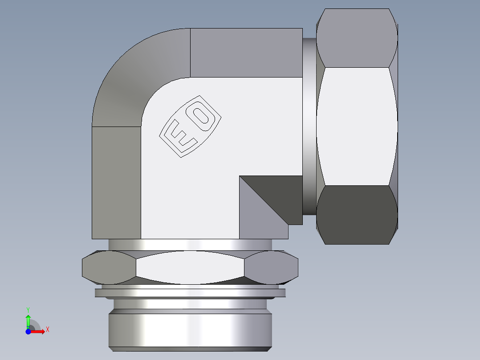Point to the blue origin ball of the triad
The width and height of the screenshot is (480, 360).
click(28, 331)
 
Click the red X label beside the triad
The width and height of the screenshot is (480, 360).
click(47, 330)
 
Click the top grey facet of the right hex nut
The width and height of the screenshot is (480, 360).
click(356, 38)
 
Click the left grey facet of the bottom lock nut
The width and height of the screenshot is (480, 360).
click(109, 267)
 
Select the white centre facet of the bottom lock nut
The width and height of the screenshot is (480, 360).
click(190, 267)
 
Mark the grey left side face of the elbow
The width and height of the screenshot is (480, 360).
click(116, 183)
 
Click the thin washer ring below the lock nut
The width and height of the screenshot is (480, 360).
click(190, 293)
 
